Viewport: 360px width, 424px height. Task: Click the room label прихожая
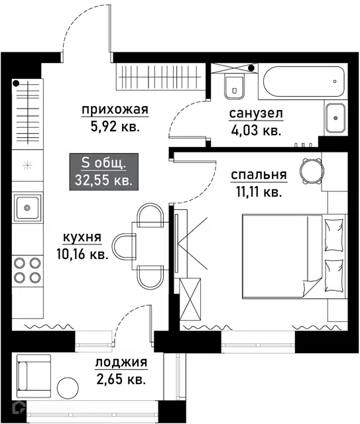pos(115,110)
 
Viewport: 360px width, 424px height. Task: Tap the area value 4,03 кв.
pos(256,131)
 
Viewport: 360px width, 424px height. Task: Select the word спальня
pos(259,175)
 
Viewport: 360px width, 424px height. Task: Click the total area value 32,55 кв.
pos(103,180)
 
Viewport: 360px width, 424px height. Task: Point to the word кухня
pos(82,237)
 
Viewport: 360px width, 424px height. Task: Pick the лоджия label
pos(121,362)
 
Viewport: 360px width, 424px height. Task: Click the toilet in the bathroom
pos(235,87)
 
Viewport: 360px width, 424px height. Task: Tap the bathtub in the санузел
pos(304,81)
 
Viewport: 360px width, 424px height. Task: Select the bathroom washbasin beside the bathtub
pos(335,118)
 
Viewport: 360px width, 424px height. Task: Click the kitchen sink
pos(27,207)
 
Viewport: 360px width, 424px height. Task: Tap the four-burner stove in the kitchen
pos(27,270)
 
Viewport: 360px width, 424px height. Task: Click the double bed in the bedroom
pos(294,256)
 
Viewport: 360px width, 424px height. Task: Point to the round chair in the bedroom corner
pos(312,171)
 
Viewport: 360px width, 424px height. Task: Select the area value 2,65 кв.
pos(121,380)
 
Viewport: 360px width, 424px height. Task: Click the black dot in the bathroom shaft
pos(252,68)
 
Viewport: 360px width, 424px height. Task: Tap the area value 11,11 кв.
pos(259,192)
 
